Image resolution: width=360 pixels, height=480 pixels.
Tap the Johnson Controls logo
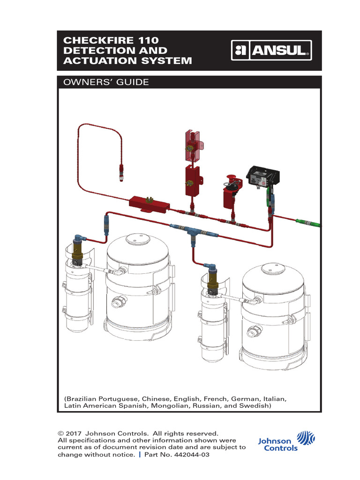click(x=286, y=441)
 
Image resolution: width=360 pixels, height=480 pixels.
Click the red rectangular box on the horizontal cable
click(x=149, y=204)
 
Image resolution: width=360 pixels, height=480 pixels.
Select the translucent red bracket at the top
click(x=192, y=143)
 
